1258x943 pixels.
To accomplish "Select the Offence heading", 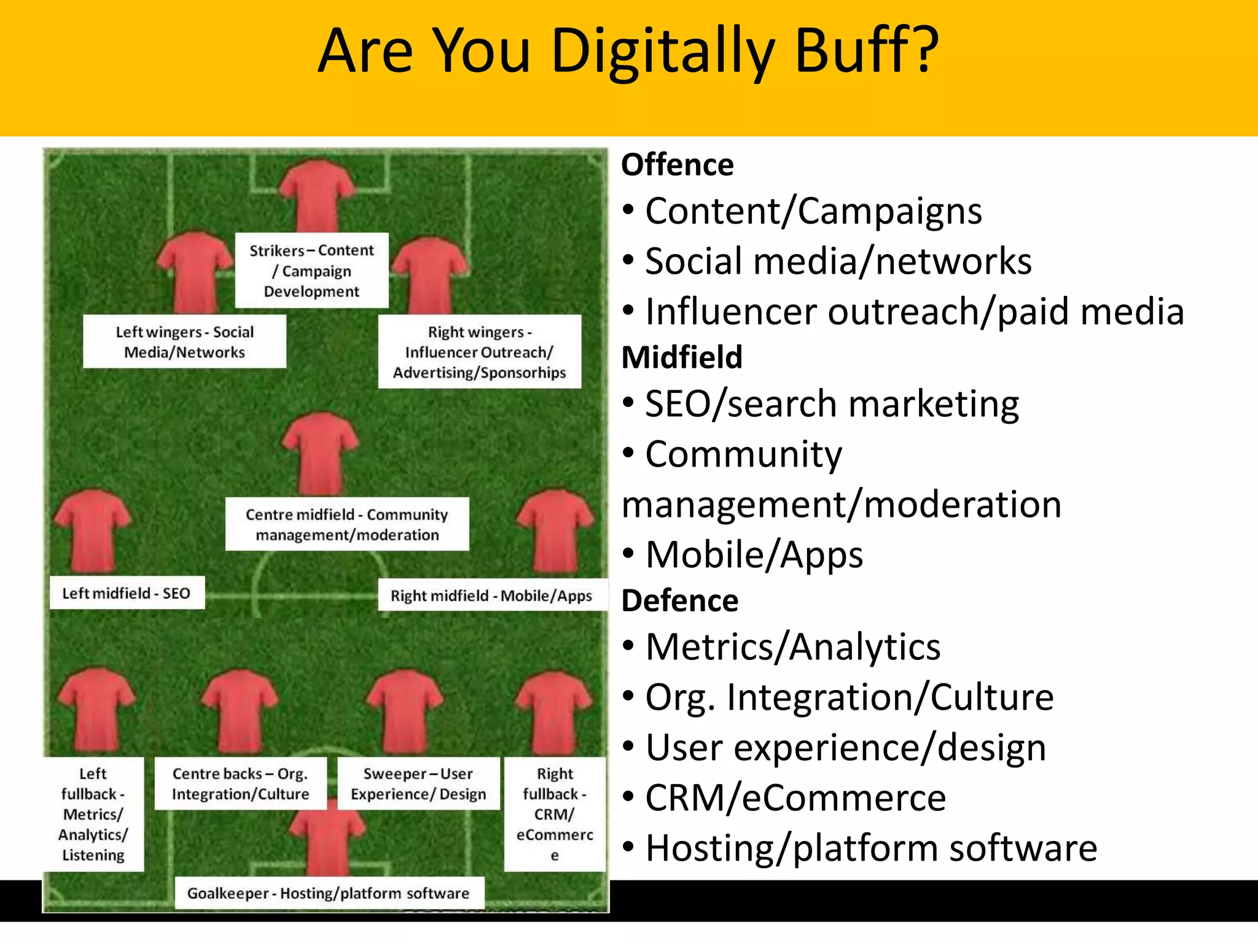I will pyautogui.click(x=677, y=165).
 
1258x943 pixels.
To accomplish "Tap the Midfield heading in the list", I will pyautogui.click(x=682, y=357).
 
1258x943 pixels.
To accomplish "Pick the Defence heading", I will pyautogui.click(x=679, y=600).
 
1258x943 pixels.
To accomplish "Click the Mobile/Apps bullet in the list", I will pyautogui.click(x=754, y=555).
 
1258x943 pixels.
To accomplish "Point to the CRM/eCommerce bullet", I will pyautogui.click(x=795, y=798).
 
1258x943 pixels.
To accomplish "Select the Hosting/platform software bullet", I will pyautogui.click(x=870, y=848).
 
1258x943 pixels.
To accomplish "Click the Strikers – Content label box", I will pyautogui.click(x=311, y=271).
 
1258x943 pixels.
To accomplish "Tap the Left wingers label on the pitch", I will pyautogui.click(x=184, y=342).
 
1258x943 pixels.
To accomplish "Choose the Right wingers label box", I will pyautogui.click(x=479, y=352).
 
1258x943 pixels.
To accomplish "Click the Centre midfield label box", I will pyautogui.click(x=347, y=524).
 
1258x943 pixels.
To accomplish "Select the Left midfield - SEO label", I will pyautogui.click(x=127, y=593).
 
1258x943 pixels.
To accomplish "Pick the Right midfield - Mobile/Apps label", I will pyautogui.click(x=491, y=596).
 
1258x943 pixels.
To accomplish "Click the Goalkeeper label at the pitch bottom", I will pyautogui.click(x=329, y=893).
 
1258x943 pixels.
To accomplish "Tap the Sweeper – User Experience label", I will pyautogui.click(x=418, y=784).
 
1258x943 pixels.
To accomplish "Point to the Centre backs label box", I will pyautogui.click(x=240, y=784).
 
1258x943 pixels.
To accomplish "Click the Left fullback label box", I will pyautogui.click(x=93, y=814).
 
